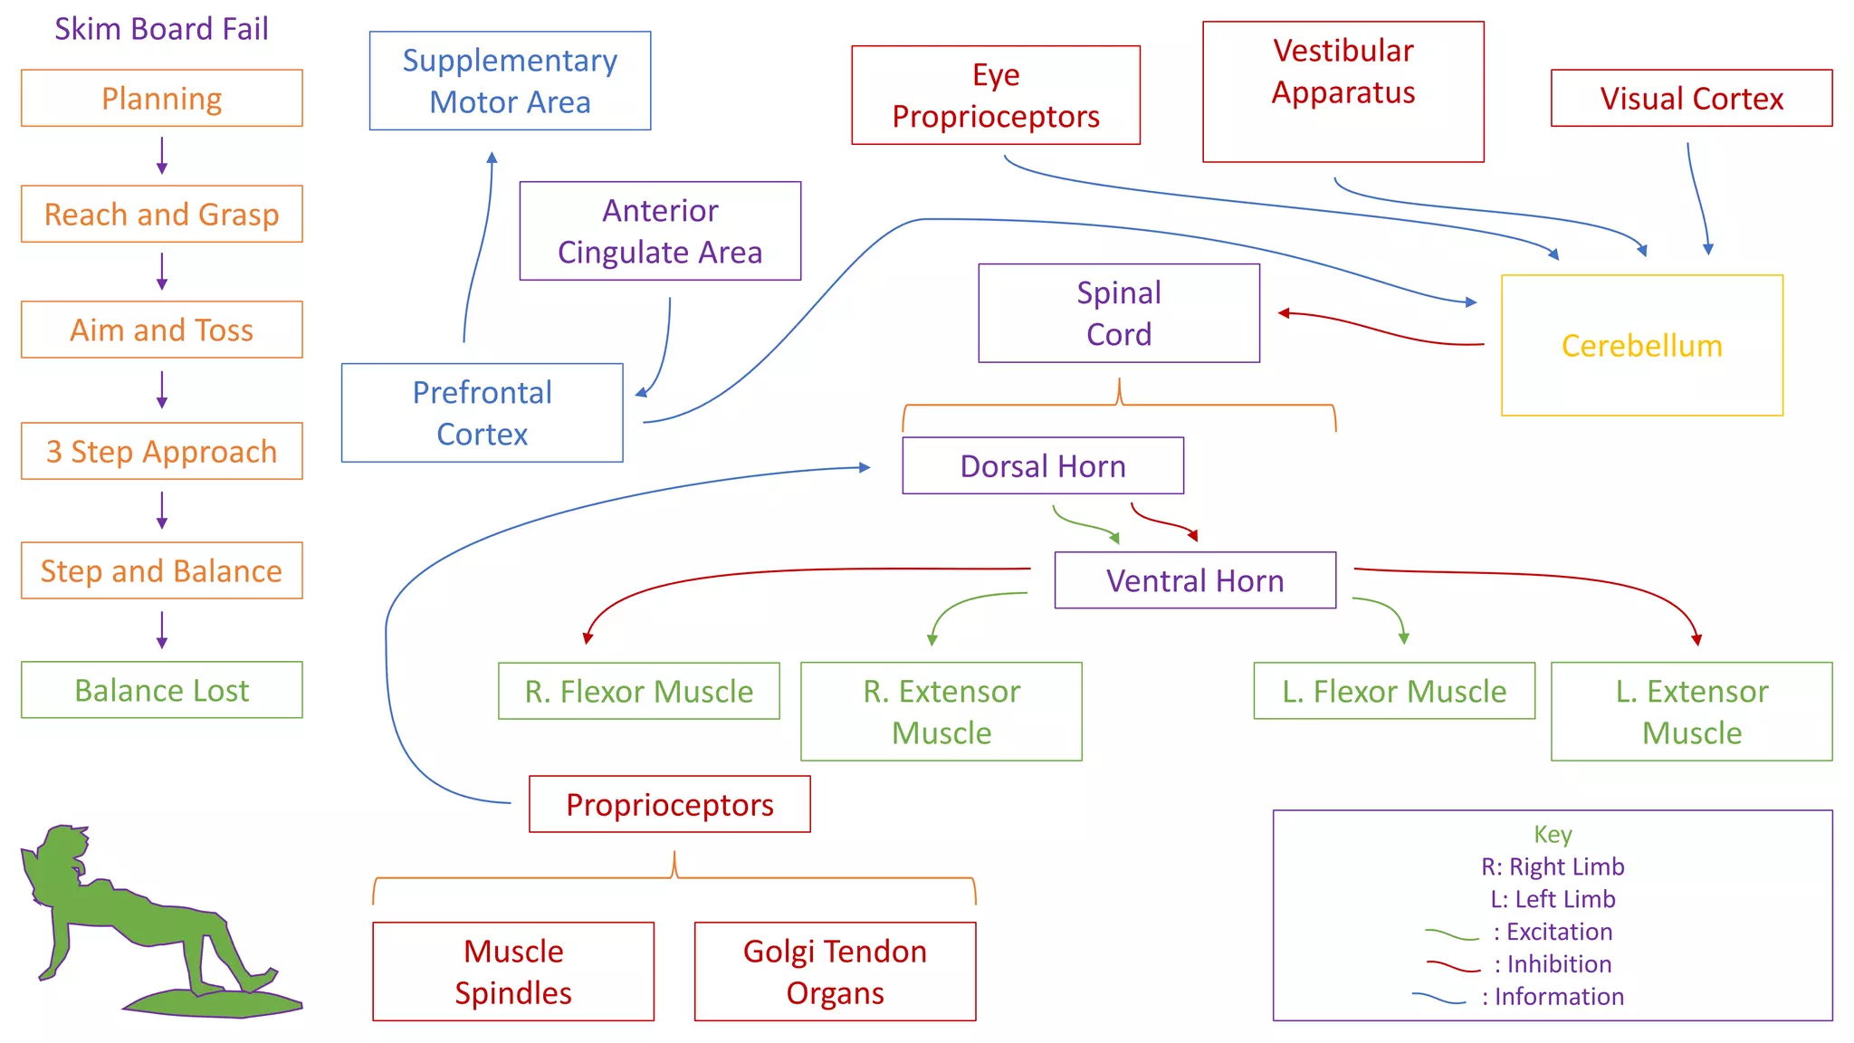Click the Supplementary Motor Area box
coord(510,81)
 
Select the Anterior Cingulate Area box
coord(660,231)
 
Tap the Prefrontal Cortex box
coord(482,413)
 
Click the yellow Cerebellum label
coord(1641,346)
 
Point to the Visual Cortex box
coord(1691,98)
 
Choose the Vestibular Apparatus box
coord(1343,91)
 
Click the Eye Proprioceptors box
coord(995,95)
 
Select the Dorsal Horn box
coord(1042,465)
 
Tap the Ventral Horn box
coord(1194,580)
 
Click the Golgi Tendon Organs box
coord(835,971)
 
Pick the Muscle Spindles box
coord(512,971)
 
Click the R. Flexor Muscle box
coord(638,691)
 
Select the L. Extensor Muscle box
coord(1691,712)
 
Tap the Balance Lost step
coord(161,690)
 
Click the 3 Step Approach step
coord(161,451)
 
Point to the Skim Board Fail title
coord(161,29)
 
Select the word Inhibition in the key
coord(1559,963)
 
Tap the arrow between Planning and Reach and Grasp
coord(162,156)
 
